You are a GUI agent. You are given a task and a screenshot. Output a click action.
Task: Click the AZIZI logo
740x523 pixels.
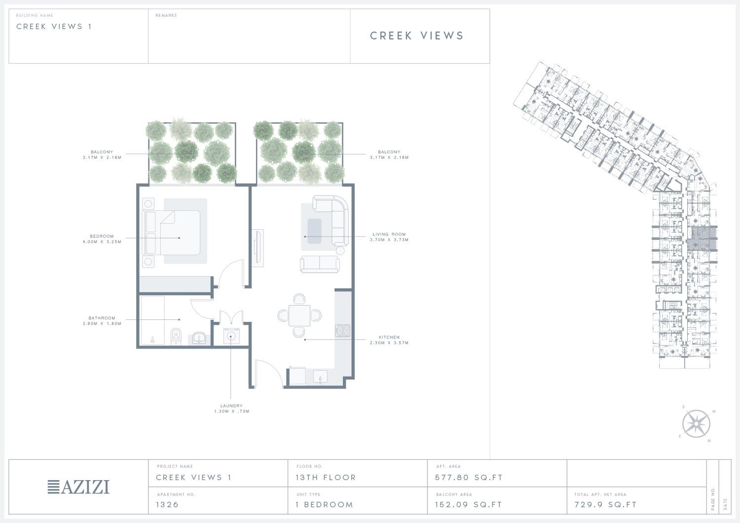[x=78, y=487]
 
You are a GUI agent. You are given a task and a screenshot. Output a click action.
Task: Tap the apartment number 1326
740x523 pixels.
[x=167, y=504]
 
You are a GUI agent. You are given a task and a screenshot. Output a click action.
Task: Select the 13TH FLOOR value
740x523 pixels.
[x=326, y=478]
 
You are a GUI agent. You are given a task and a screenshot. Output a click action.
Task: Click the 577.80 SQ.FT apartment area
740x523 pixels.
[x=469, y=478]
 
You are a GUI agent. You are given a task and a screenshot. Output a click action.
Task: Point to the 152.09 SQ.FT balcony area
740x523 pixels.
[x=469, y=504]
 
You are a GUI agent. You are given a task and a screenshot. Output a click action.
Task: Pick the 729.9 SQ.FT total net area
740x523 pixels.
[x=605, y=504]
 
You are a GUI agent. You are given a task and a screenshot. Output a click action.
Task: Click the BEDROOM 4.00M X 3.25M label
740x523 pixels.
[x=102, y=239]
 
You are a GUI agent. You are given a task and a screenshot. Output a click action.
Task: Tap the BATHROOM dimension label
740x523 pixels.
[x=102, y=320]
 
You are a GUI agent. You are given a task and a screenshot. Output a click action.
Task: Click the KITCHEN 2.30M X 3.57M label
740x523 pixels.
[x=389, y=340]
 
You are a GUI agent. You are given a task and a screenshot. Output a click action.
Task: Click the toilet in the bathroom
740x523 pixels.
[x=176, y=337]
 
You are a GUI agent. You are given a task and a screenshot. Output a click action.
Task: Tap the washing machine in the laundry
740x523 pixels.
[x=231, y=336]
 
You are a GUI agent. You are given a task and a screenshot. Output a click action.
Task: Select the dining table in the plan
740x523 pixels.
[x=299, y=315]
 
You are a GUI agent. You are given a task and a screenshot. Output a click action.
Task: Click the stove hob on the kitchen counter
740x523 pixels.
[x=343, y=330]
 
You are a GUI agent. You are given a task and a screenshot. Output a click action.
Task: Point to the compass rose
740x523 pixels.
[x=696, y=424]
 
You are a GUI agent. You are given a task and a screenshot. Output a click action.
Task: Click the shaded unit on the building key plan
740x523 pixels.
[x=702, y=238]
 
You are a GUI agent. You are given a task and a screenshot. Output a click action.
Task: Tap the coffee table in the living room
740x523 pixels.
[x=314, y=231]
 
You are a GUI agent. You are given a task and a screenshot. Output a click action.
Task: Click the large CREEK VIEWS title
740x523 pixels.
[x=417, y=35]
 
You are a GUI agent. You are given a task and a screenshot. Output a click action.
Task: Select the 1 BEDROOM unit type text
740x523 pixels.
[x=325, y=504]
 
